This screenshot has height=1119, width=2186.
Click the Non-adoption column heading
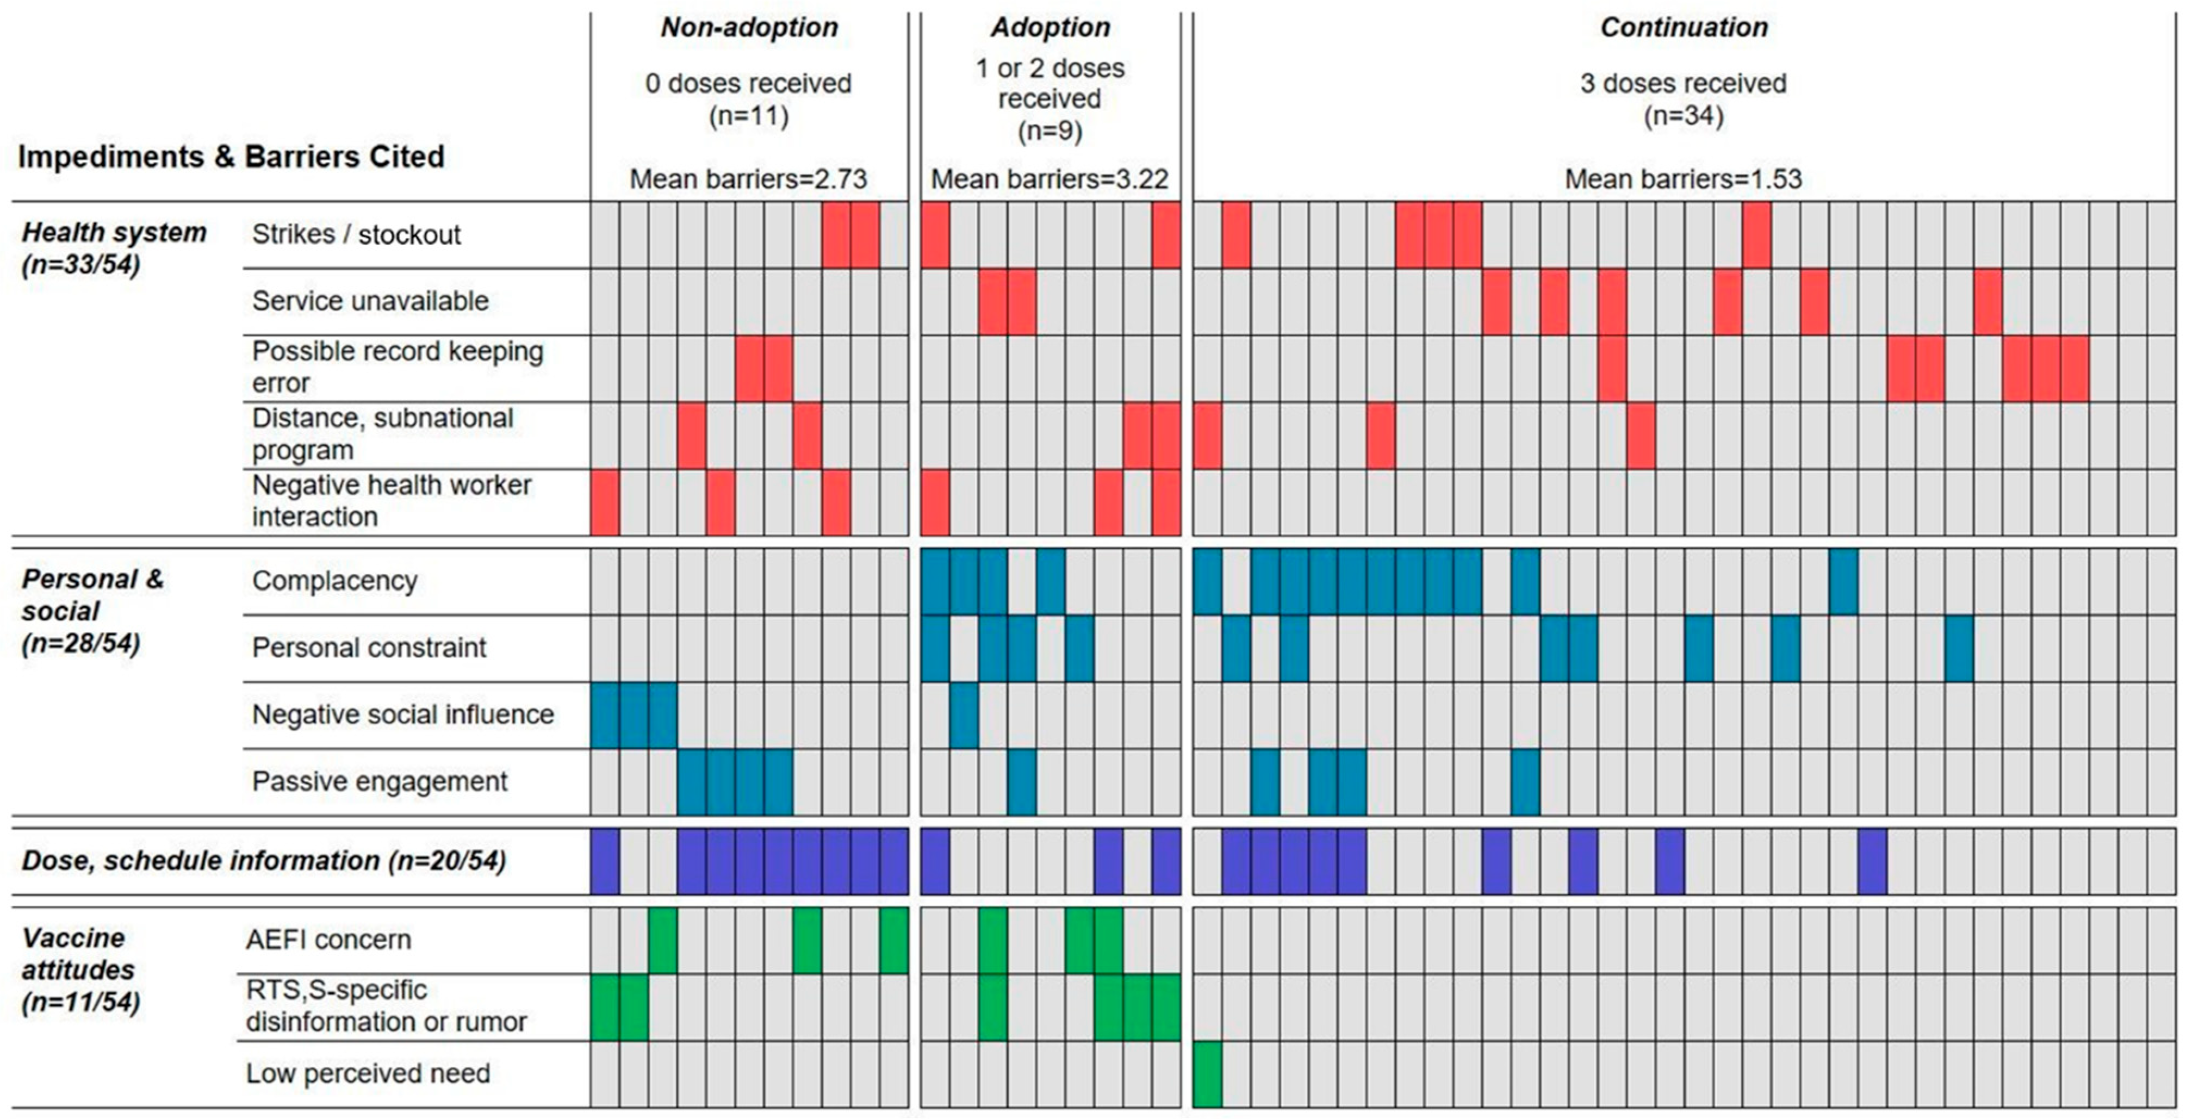(x=748, y=27)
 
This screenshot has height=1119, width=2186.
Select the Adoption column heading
(x=1049, y=27)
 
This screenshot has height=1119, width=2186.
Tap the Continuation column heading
(x=1684, y=27)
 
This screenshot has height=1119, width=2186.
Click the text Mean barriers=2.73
(x=748, y=179)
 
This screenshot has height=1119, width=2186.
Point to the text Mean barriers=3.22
(x=1049, y=179)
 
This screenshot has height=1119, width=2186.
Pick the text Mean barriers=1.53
(x=1683, y=179)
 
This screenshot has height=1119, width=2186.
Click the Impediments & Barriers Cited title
(x=231, y=157)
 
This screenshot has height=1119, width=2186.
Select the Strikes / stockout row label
(x=356, y=234)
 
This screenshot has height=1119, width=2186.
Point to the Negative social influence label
(x=402, y=714)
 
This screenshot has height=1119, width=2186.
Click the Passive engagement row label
(x=380, y=781)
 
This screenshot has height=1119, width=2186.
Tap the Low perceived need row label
(x=368, y=1073)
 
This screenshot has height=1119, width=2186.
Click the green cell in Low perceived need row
(x=1207, y=1074)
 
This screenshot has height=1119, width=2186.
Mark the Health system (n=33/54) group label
(x=114, y=248)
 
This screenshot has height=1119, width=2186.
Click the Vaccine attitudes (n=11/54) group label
(x=80, y=969)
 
